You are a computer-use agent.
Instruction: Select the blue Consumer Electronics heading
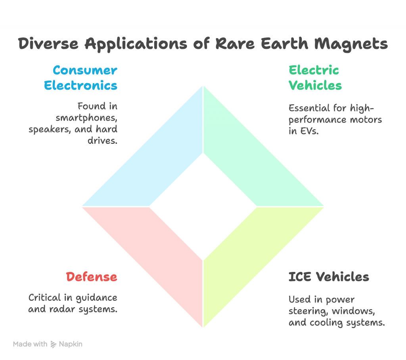(85, 78)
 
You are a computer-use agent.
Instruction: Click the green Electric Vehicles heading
(315, 78)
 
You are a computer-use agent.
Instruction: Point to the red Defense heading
(92, 276)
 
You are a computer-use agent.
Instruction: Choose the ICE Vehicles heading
(329, 276)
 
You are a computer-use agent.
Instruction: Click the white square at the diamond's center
(203, 206)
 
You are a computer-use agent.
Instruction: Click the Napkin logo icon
(54, 344)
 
